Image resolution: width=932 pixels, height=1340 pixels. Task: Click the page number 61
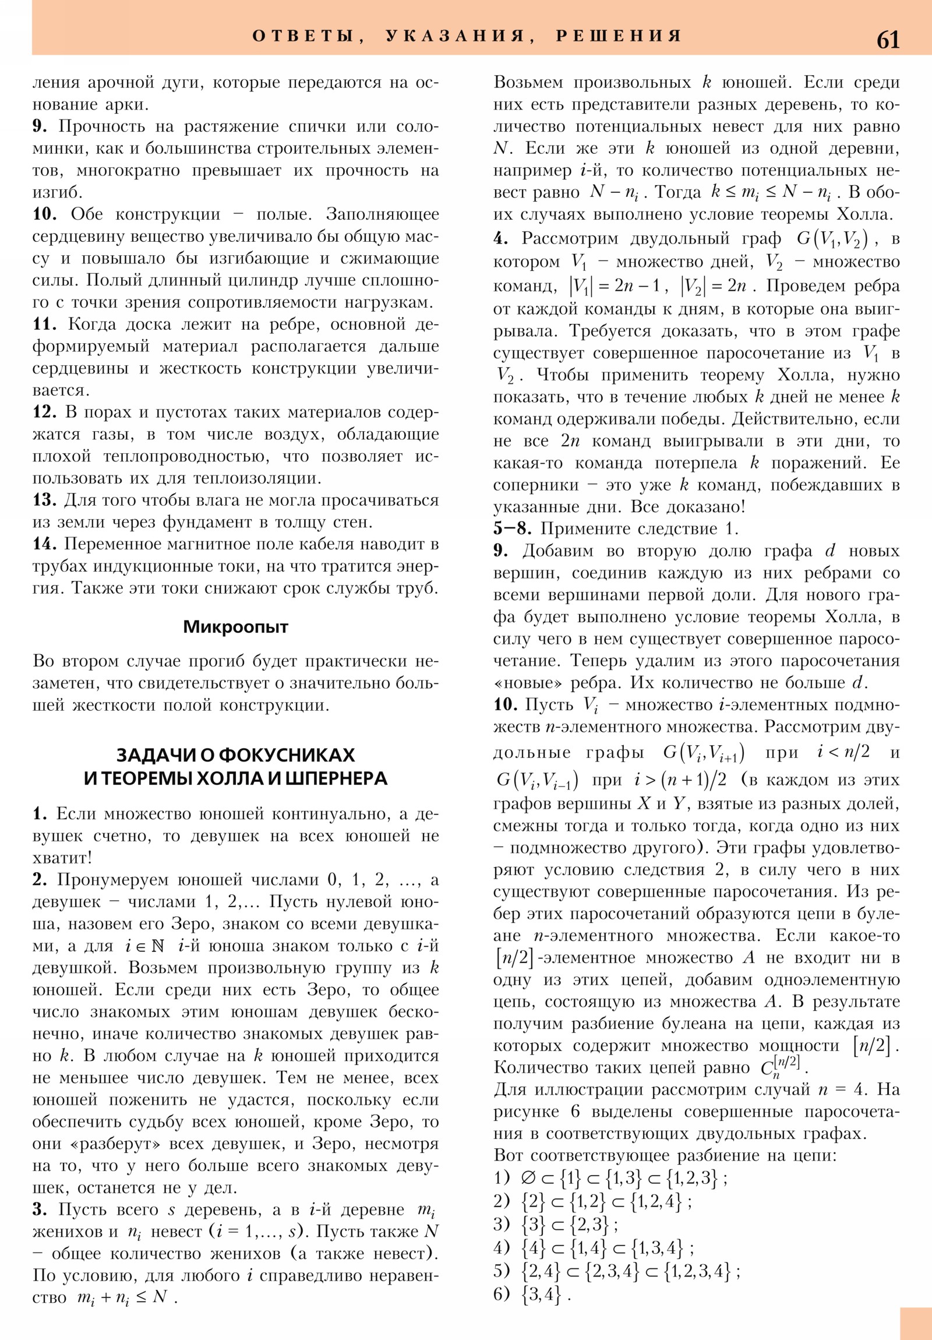888,39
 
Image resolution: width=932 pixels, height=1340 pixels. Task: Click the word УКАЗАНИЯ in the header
455,36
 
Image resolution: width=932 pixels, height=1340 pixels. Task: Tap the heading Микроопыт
235,627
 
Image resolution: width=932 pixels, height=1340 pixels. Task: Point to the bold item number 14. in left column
44,544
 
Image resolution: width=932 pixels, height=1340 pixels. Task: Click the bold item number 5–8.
512,529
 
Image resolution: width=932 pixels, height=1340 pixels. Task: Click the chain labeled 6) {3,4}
531,1295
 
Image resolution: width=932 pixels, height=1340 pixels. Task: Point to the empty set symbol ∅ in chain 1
529,1179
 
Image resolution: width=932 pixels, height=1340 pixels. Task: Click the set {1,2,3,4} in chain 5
697,1271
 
